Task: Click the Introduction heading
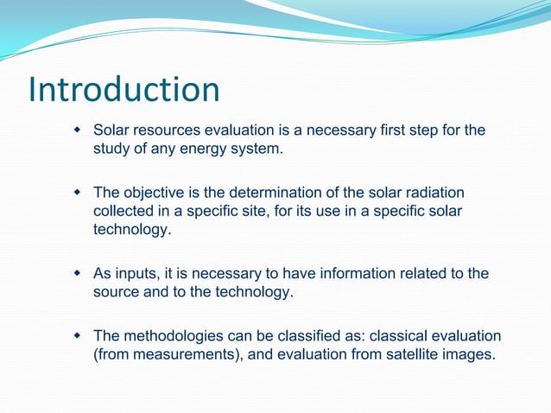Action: (x=123, y=90)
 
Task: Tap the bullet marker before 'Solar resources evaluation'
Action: (x=78, y=130)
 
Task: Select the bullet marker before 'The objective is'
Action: (x=78, y=191)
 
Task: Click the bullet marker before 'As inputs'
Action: (x=78, y=274)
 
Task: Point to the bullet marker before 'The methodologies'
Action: (x=78, y=335)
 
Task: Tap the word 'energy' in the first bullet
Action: (x=210, y=149)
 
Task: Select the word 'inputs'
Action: (x=136, y=274)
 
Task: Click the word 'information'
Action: (x=362, y=274)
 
